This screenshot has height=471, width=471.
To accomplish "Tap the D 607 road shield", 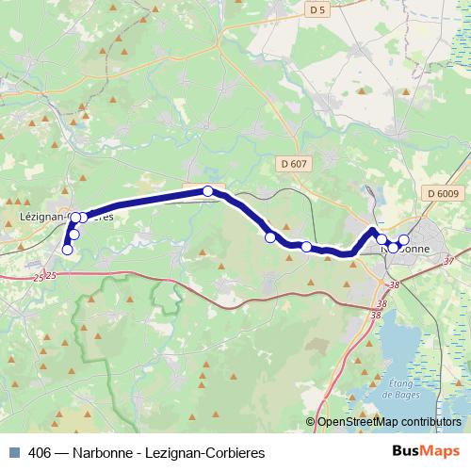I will (293, 164).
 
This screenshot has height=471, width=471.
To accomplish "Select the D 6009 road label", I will (442, 194).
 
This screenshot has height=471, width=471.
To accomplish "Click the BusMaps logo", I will (426, 452).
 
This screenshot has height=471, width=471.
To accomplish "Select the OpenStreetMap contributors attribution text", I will (388, 422).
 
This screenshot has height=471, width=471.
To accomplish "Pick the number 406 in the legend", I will (40, 452).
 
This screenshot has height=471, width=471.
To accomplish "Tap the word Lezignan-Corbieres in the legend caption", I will (203, 452).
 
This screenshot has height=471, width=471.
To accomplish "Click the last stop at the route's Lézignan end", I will (67, 250).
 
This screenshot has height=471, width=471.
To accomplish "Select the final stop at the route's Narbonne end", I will (404, 239).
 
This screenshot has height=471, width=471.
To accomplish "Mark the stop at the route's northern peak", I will (208, 191).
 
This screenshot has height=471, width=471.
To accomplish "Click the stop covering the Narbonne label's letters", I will (394, 248).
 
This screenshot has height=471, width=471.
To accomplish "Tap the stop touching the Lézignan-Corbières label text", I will (82, 218).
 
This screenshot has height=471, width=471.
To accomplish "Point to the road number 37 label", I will (448, 261).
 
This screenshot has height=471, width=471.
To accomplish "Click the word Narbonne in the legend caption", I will (98, 452).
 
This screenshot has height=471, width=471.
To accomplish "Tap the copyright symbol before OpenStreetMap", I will (310, 422).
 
